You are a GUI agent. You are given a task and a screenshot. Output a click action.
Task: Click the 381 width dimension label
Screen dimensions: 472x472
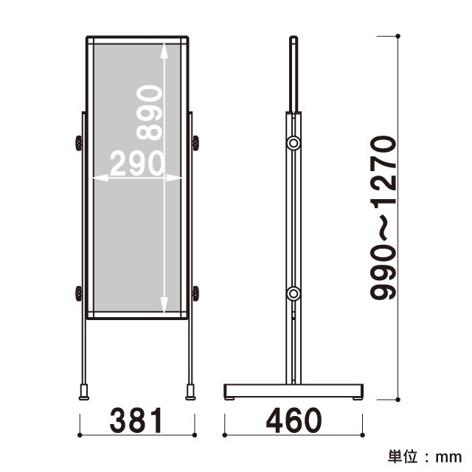(136, 420)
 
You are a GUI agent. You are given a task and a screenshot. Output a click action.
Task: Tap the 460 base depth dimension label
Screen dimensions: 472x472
(294, 420)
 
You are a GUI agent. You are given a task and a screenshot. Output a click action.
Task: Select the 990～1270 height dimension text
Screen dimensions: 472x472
(383, 218)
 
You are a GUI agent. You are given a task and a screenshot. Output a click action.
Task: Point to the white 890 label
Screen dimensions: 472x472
(149, 113)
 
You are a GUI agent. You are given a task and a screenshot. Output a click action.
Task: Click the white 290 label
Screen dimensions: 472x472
(137, 163)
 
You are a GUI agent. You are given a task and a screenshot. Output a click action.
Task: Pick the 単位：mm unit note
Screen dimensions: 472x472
(425, 457)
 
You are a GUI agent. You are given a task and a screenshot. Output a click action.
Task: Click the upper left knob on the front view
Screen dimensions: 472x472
(79, 143)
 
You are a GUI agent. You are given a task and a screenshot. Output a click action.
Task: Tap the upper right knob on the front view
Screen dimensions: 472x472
(195, 143)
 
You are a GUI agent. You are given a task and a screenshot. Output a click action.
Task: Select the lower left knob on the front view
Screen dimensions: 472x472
(79, 294)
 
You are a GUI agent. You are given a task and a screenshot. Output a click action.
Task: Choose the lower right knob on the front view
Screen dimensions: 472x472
(195, 294)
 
